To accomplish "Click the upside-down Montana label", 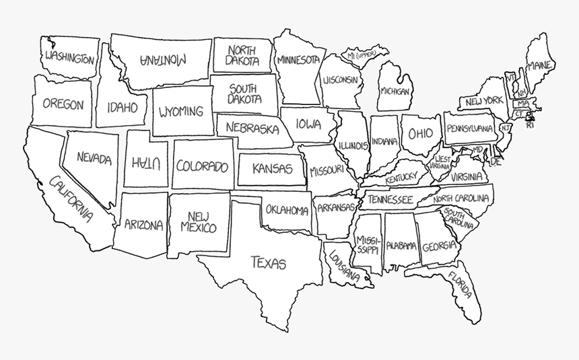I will [x=163, y=59].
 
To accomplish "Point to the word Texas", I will [x=268, y=262].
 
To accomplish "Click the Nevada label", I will [x=94, y=157].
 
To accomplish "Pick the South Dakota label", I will [x=244, y=94].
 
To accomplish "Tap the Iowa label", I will [x=308, y=124].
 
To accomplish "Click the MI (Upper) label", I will [x=362, y=54].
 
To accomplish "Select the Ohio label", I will [x=421, y=133].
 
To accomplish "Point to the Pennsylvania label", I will [x=469, y=129].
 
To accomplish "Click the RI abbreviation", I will [x=530, y=124].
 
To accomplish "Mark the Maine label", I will [x=541, y=66].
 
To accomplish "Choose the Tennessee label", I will [x=390, y=200].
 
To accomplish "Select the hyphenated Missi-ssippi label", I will [x=368, y=244].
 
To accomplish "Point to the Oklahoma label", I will [x=287, y=210].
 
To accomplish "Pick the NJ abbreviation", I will [x=506, y=128].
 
